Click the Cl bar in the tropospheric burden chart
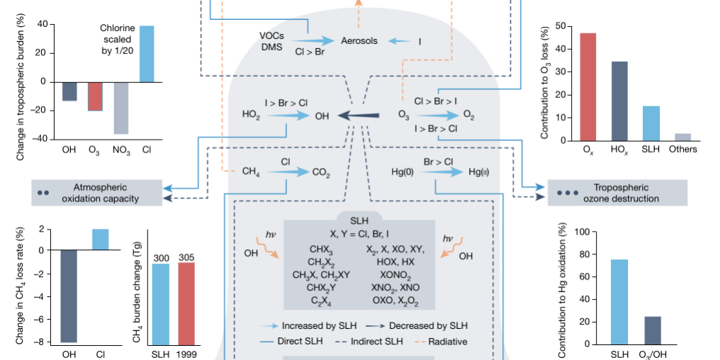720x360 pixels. coord(147,54)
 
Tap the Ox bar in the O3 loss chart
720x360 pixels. coord(588,86)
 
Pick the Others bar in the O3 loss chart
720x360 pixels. coord(682,137)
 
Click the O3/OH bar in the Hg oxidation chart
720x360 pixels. coord(653,330)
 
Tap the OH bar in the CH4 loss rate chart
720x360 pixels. coord(69,296)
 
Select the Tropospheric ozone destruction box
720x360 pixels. coord(617,193)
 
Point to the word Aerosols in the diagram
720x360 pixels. coord(360,41)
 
